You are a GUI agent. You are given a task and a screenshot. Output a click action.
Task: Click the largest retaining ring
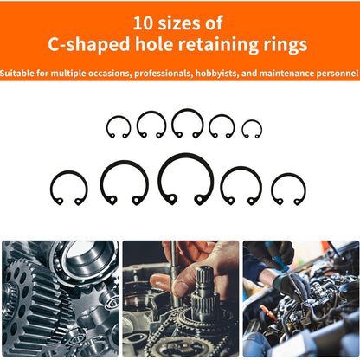(x=185, y=178)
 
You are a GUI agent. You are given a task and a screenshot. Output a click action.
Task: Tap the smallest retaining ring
(x=252, y=129)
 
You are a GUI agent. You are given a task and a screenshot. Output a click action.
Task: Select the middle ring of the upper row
(x=187, y=123)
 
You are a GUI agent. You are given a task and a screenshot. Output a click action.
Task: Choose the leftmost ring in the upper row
(x=119, y=126)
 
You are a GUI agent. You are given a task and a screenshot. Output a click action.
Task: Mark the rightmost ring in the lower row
(x=288, y=189)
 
